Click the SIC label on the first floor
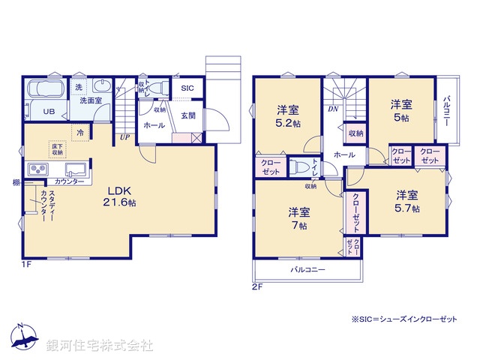click(187, 88)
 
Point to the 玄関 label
click(188, 115)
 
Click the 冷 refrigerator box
click(79, 132)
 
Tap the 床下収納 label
click(58, 148)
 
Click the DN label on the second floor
click(332, 109)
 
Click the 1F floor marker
click(26, 264)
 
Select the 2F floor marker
click(258, 286)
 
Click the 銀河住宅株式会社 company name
click(100, 346)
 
